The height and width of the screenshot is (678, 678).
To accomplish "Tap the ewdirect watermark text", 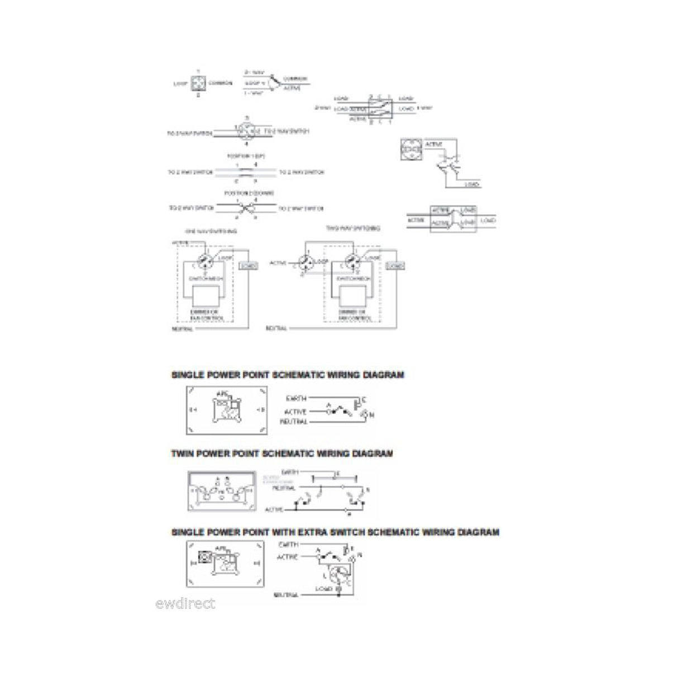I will point(185,603).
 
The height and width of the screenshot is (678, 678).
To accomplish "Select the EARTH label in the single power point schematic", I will point(295,399).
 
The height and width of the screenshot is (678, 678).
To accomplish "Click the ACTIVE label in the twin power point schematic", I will point(274,509).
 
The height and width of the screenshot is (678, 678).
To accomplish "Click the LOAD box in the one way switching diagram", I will point(248,266).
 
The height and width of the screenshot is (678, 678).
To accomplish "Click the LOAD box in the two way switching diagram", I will point(395,266).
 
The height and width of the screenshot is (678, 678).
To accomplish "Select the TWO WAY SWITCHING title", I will point(353,228).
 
